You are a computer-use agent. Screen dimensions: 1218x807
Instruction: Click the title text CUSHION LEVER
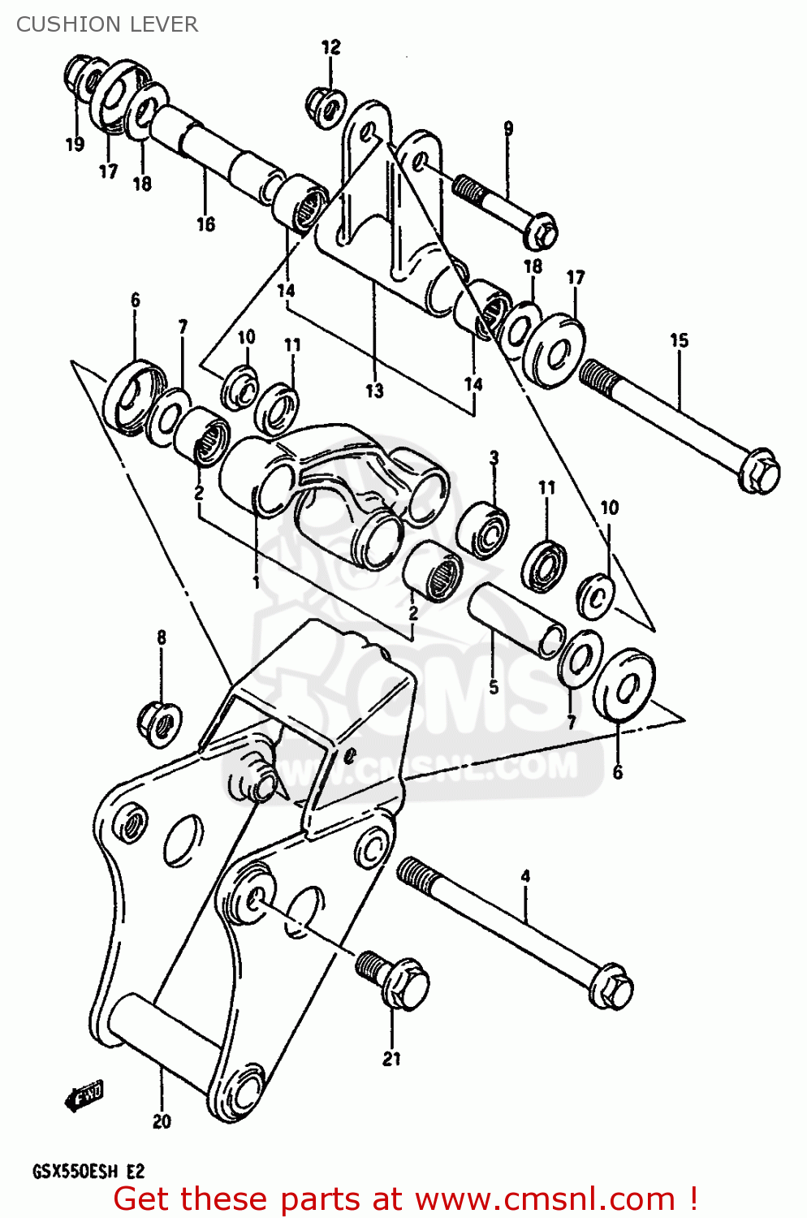point(106,24)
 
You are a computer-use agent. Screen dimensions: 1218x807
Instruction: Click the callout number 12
point(330,47)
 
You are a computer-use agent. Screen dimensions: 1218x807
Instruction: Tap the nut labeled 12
point(326,107)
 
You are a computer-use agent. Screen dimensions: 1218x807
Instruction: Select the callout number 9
point(508,128)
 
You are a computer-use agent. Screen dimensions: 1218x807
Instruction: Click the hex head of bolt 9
point(541,231)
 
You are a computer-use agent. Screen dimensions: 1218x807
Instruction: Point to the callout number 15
point(679,340)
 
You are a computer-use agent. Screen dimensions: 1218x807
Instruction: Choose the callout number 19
point(75,145)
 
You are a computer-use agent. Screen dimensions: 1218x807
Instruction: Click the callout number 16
point(205,224)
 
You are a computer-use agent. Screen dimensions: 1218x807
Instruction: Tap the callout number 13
point(373,391)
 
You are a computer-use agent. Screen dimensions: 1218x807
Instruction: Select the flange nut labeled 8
point(159,720)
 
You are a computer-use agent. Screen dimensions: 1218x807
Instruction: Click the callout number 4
point(525,876)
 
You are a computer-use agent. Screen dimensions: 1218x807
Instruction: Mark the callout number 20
point(162,1121)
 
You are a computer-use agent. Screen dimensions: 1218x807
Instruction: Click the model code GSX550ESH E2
point(88,1172)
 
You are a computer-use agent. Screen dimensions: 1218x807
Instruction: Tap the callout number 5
point(493,687)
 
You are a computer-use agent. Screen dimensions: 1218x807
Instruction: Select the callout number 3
point(494,458)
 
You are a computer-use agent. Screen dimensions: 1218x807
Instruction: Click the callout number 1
point(256,582)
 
